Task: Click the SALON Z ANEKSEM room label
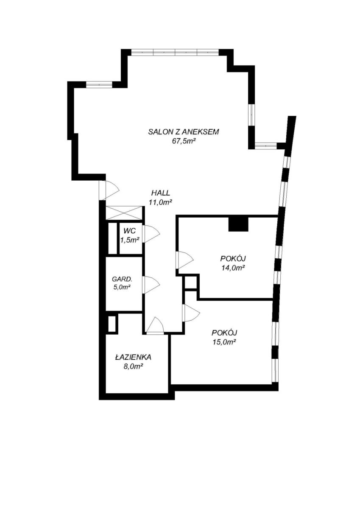point(184,132)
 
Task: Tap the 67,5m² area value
point(184,141)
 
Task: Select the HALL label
point(161,193)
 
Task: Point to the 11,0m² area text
point(160,202)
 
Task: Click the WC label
point(129,231)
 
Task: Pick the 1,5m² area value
point(130,240)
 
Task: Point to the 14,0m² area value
point(233,268)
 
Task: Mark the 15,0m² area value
point(224,342)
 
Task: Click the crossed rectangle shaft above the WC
point(124,213)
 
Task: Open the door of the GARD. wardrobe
point(151,285)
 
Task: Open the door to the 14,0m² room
point(184,260)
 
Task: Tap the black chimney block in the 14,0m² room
point(238,224)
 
